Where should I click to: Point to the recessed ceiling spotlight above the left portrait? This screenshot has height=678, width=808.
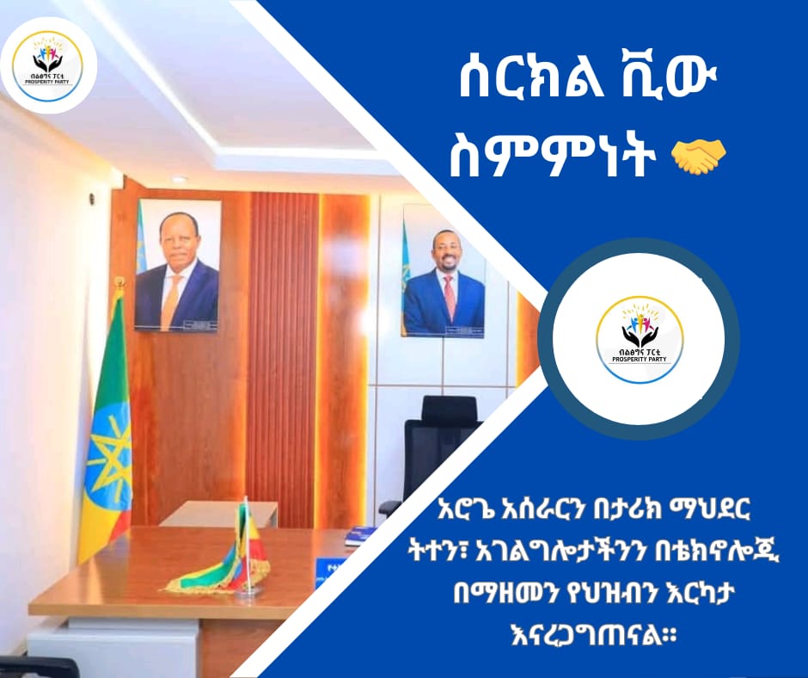(180, 179)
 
